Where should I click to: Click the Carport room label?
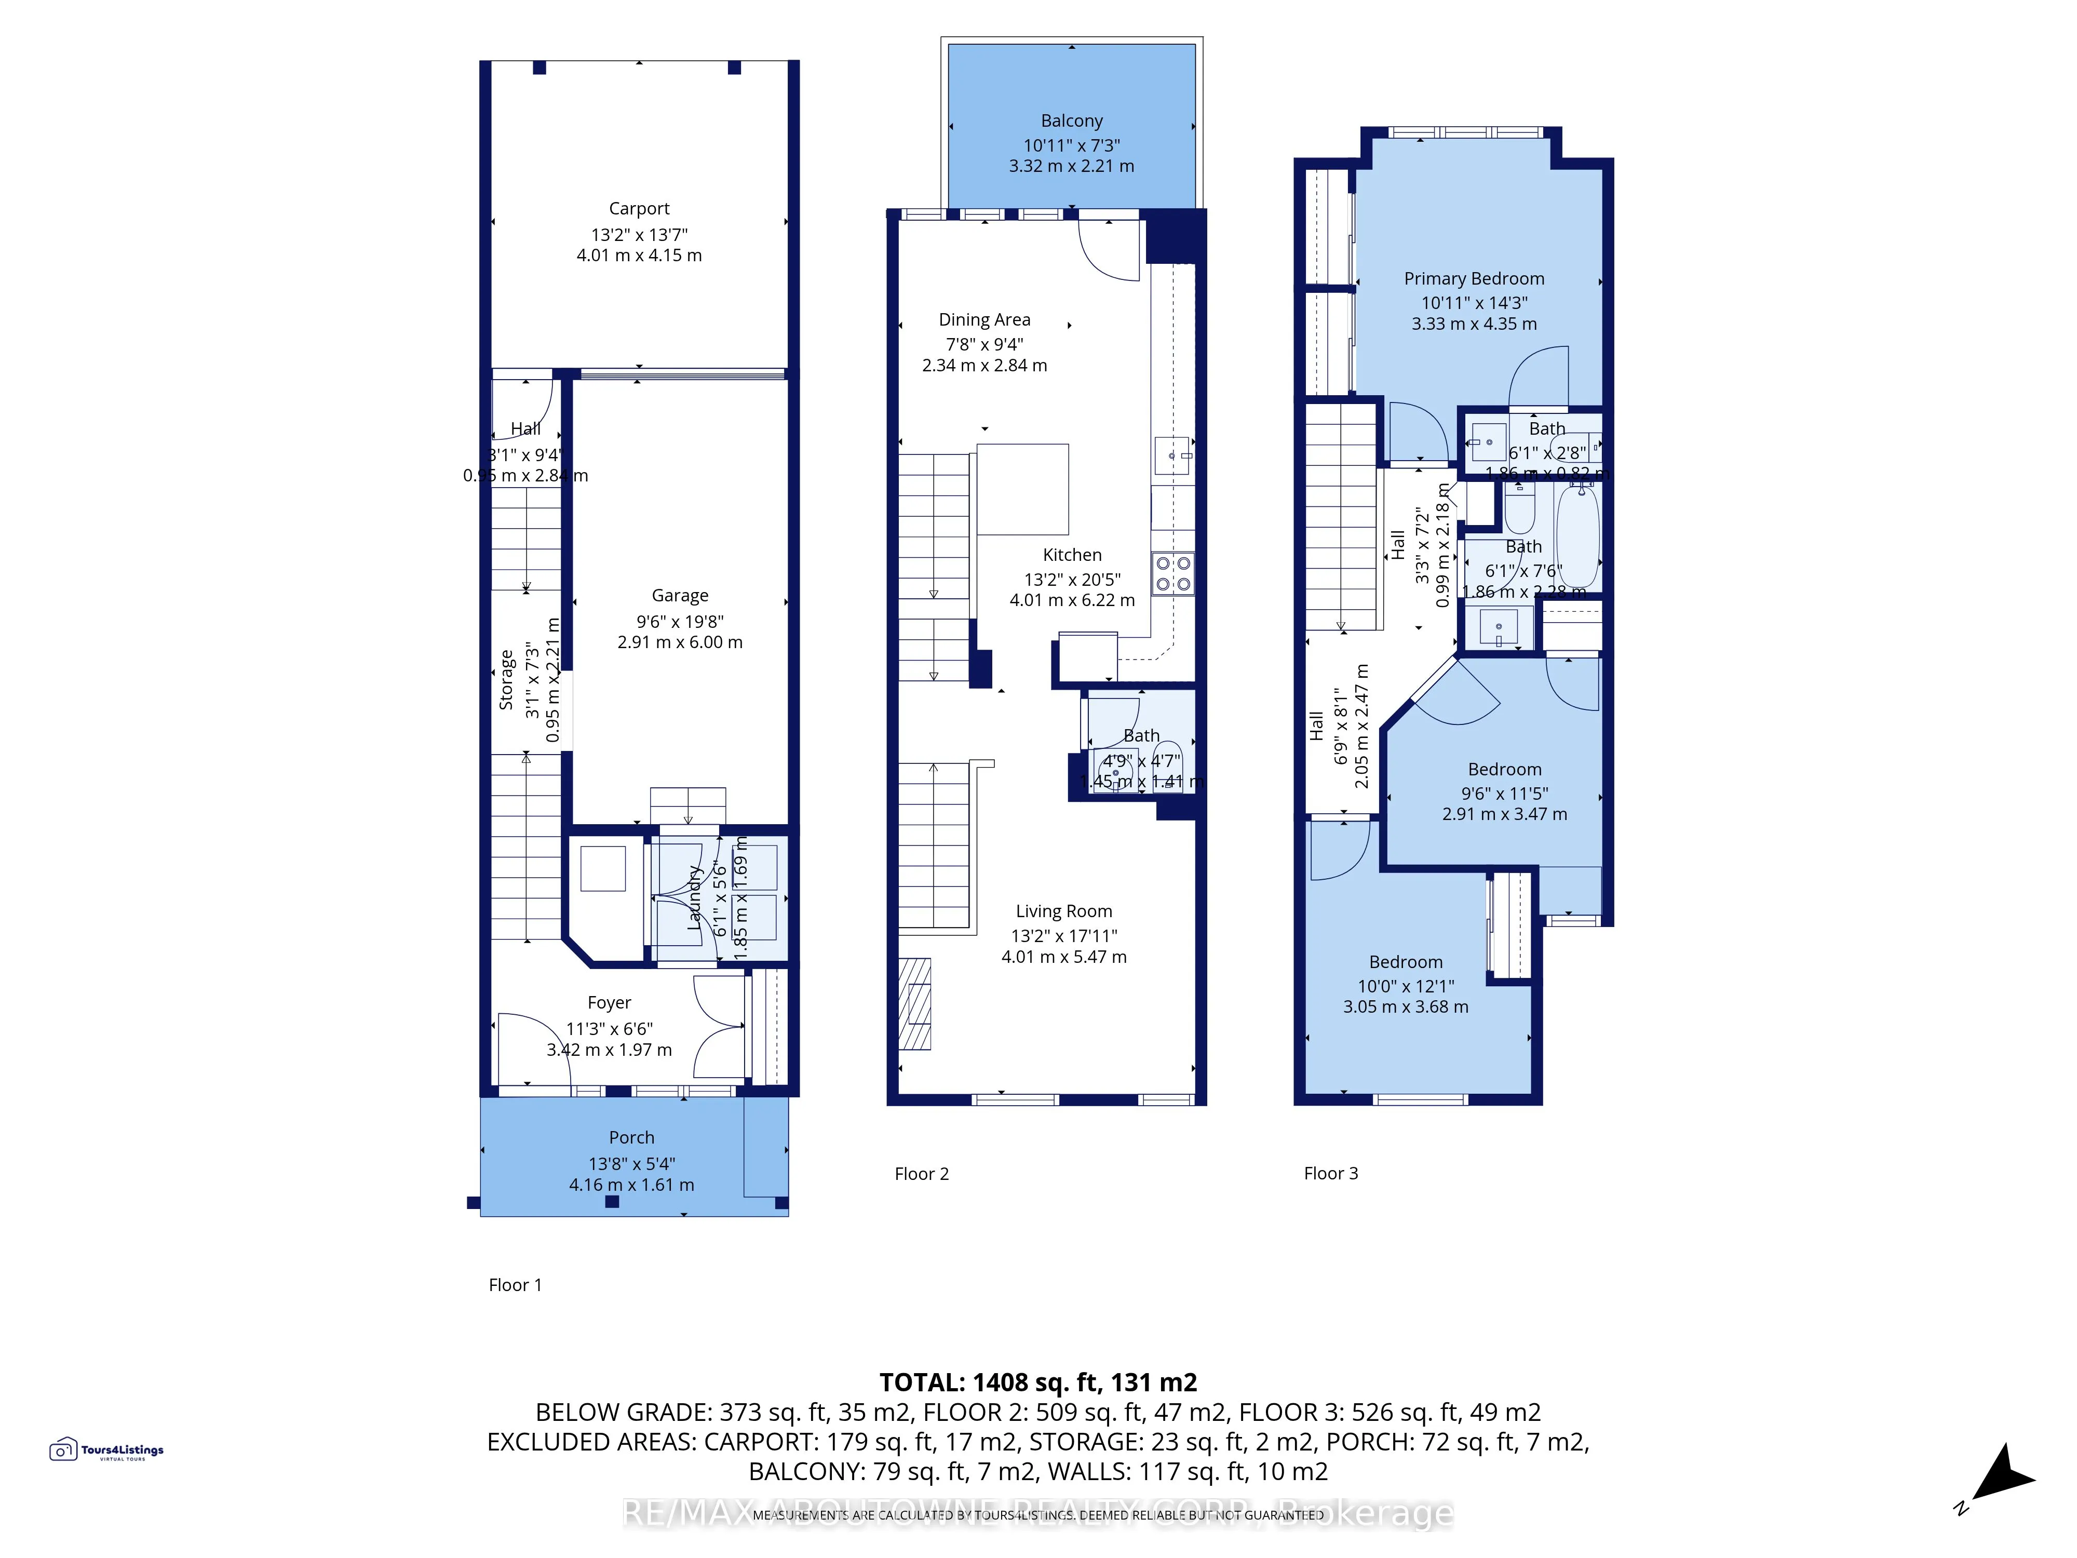click(639, 208)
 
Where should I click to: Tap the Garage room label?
click(680, 595)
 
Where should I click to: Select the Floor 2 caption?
click(921, 1174)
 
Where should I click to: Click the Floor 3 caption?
click(1330, 1173)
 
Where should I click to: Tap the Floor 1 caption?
click(515, 1285)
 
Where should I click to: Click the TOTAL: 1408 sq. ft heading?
click(1037, 1382)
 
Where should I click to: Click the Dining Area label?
click(984, 319)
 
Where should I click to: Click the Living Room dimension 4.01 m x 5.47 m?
click(1064, 957)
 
